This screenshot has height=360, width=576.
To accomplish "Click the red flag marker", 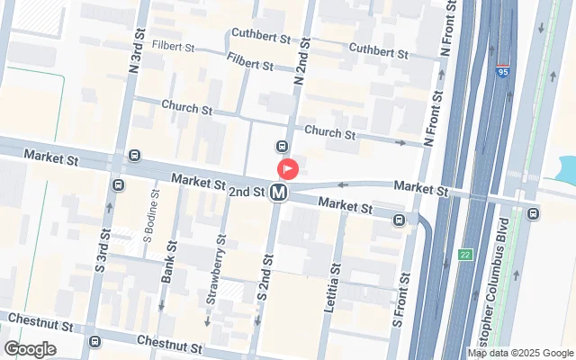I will (x=288, y=168).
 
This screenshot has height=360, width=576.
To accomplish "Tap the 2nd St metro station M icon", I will (x=280, y=192).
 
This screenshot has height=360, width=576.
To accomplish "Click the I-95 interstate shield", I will (x=502, y=68).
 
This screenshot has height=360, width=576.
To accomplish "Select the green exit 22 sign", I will (x=464, y=256).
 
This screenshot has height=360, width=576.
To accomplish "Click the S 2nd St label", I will (x=264, y=279).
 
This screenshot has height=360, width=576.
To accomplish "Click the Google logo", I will (x=30, y=349).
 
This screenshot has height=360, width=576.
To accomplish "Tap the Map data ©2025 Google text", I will (x=520, y=353).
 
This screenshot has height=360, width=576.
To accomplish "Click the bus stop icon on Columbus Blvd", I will (x=533, y=213).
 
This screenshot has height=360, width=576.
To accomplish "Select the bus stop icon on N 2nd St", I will (x=282, y=147).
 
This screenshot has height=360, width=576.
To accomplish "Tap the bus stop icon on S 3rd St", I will (x=119, y=184).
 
